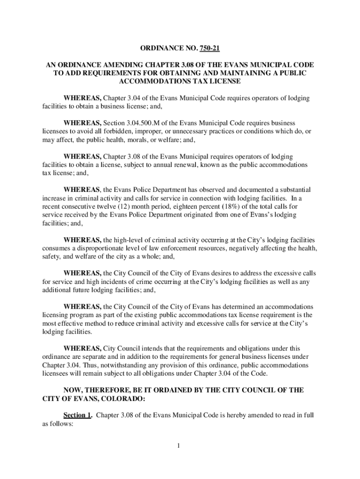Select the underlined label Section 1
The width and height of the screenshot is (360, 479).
point(77,414)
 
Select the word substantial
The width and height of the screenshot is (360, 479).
point(294,189)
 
